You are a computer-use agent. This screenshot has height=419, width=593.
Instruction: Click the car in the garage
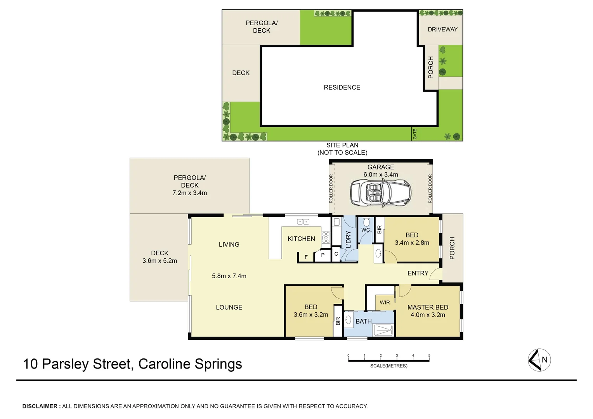click(x=380, y=193)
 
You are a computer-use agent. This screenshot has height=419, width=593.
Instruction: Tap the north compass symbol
click(x=539, y=360)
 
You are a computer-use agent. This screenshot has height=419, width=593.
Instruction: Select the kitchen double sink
click(x=303, y=222)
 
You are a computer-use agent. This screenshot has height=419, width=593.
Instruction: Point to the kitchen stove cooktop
click(x=326, y=237)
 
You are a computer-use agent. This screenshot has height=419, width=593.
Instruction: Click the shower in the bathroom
click(x=383, y=330)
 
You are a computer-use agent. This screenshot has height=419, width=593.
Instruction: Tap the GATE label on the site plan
click(x=415, y=134)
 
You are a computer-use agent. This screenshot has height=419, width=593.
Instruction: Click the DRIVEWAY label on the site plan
click(x=442, y=29)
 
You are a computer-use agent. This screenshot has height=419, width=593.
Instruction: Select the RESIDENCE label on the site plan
click(x=342, y=88)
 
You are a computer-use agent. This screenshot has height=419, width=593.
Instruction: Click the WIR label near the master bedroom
click(x=385, y=303)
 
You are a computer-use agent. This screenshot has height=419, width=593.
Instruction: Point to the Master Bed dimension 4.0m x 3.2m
click(x=428, y=315)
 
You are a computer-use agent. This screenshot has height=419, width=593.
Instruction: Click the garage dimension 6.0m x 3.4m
click(x=381, y=175)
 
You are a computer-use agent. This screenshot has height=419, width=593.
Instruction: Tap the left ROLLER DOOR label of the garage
click(x=331, y=189)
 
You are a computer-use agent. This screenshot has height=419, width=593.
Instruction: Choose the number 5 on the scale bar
click(x=429, y=355)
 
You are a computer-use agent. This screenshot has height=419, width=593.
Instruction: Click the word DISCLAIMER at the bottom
click(x=40, y=406)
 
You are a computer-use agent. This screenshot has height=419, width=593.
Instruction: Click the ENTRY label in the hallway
click(x=418, y=273)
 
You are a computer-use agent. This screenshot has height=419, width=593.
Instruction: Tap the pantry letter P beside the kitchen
click(x=323, y=255)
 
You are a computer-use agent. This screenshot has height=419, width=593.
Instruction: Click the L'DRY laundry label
click(x=348, y=239)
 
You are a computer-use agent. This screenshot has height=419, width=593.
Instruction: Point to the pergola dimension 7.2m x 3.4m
click(x=189, y=193)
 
